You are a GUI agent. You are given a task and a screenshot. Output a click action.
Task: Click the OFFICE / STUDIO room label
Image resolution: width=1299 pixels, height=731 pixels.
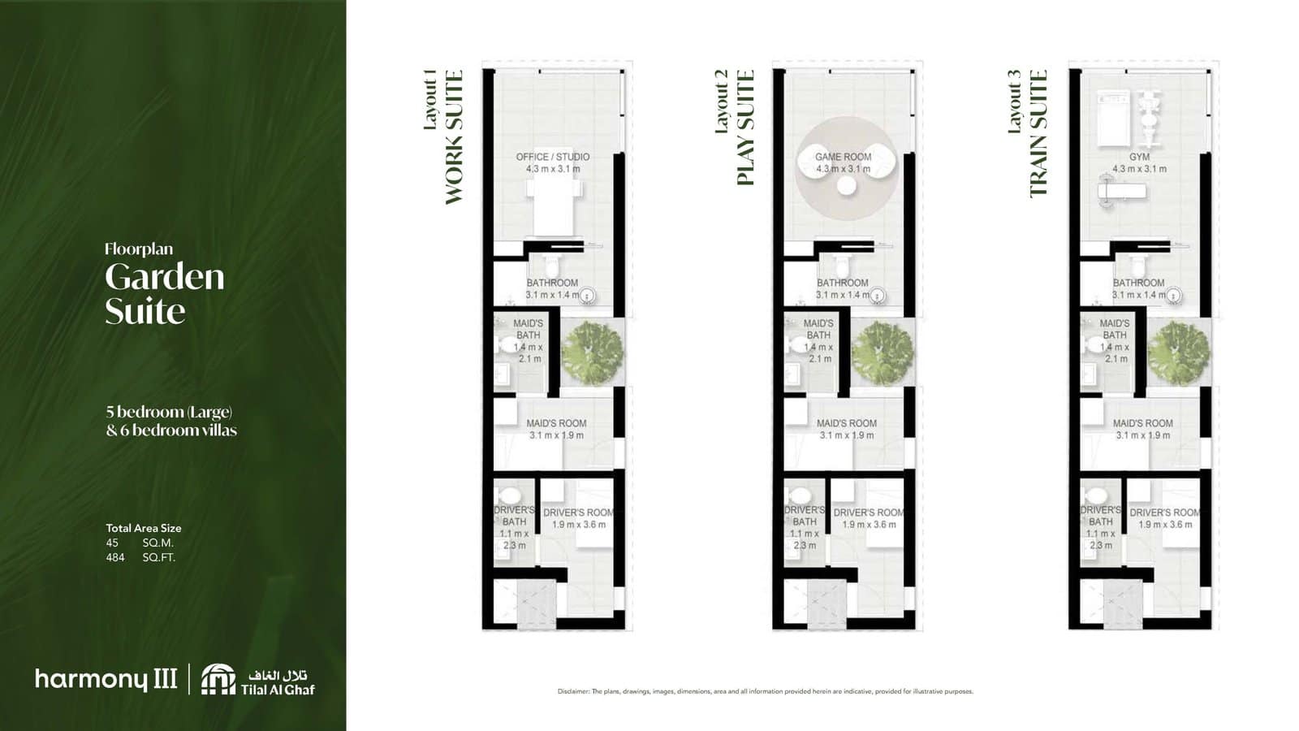pos(553,157)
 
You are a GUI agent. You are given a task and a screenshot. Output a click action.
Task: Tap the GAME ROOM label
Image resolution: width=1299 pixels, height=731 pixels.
pos(843,157)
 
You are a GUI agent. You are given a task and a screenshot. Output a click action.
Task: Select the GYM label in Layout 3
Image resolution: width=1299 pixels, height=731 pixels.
pos(1138,157)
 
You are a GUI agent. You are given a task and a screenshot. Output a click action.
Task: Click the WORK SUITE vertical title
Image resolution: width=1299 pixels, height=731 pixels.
pos(454,136)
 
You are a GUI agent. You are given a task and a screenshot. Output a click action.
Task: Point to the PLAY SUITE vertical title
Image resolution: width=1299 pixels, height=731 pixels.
pos(744,128)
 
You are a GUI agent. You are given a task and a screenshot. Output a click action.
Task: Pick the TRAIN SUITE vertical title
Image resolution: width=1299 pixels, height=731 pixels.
pos(1038,133)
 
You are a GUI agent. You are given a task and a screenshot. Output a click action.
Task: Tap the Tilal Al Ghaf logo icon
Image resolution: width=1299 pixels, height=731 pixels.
pos(218,679)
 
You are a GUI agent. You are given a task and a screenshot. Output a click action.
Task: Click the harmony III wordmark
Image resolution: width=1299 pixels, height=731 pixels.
pos(106,679)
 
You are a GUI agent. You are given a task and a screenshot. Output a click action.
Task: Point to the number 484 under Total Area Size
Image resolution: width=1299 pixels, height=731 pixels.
pos(115,557)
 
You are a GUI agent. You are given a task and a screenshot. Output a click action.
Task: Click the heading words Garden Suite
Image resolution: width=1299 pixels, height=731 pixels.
pos(164,293)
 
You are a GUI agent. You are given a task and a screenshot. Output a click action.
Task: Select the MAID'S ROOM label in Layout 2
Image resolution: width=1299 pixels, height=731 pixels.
pos(846,423)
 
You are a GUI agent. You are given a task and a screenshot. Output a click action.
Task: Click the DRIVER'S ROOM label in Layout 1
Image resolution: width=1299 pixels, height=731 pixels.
pos(578,513)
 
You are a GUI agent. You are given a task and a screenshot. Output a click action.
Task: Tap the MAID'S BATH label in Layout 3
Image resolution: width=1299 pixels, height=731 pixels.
pos(1114,329)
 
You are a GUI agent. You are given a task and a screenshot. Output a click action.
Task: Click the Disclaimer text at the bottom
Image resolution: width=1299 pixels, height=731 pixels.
pos(765,691)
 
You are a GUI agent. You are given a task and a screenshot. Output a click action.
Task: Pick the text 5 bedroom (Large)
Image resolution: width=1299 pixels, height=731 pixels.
pos(169,412)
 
